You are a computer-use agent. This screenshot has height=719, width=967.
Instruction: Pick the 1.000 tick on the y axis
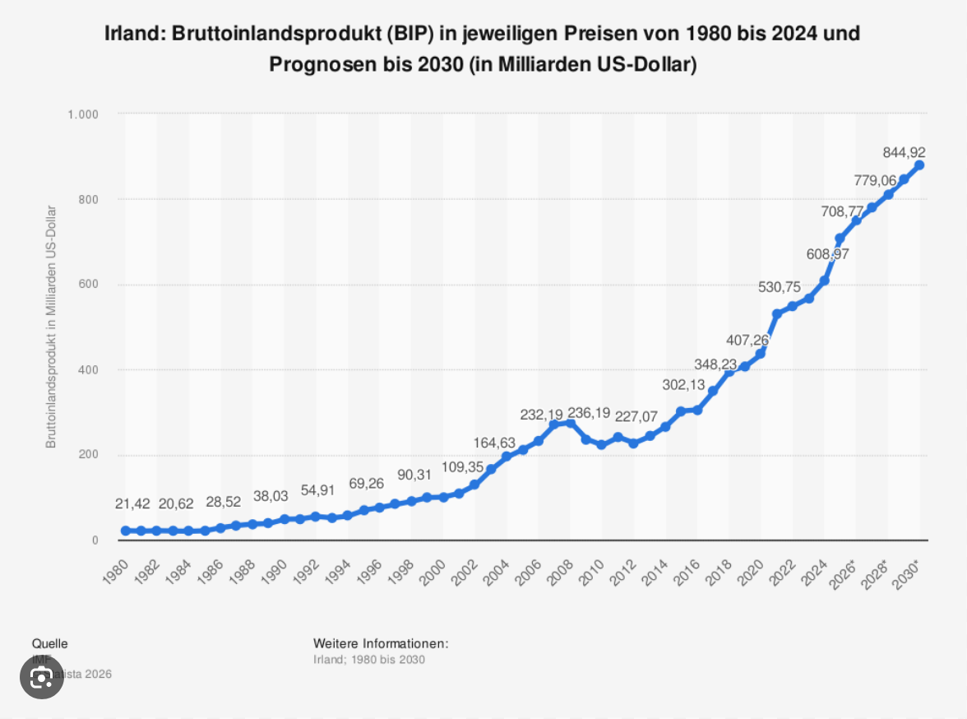click(x=82, y=114)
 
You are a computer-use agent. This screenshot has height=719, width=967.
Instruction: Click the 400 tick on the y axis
click(x=89, y=370)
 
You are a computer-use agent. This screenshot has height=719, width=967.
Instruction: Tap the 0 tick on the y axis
click(x=95, y=540)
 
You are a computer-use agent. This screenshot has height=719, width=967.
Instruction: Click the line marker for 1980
click(x=125, y=531)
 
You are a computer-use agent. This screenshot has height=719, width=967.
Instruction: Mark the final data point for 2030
click(x=919, y=165)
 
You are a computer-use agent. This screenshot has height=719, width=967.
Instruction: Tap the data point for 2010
click(x=601, y=444)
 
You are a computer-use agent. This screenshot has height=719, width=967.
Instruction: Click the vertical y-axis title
click(x=51, y=327)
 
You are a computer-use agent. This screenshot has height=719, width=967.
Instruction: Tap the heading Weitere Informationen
click(x=381, y=642)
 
